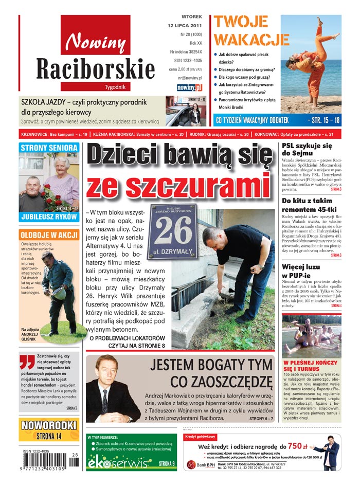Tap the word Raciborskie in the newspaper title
click(96, 69)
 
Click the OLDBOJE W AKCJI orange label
click(49, 235)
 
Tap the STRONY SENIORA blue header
click(49, 148)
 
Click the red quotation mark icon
click(28, 364)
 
